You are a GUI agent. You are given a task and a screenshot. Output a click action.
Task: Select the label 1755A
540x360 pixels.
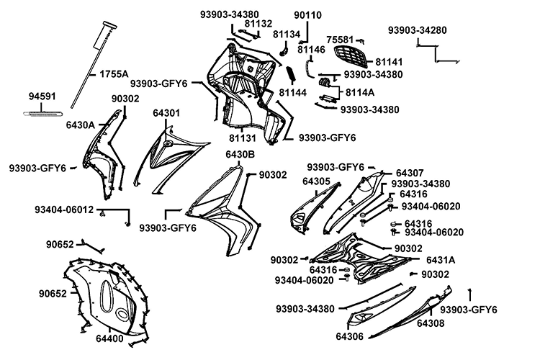point(114,73)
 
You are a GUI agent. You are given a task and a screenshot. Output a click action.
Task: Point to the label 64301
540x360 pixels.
point(166,113)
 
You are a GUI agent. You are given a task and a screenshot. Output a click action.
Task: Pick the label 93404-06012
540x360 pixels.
point(64,210)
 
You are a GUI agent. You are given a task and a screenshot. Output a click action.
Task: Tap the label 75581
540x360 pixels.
point(341,40)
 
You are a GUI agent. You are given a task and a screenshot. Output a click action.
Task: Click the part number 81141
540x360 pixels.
point(390,62)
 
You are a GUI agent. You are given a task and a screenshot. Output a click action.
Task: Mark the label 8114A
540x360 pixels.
point(360,92)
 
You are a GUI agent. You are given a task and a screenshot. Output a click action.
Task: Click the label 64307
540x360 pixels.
point(410,173)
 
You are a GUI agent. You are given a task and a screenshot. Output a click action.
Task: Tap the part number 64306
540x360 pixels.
point(350,336)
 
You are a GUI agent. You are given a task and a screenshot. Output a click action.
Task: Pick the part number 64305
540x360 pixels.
point(317,181)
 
